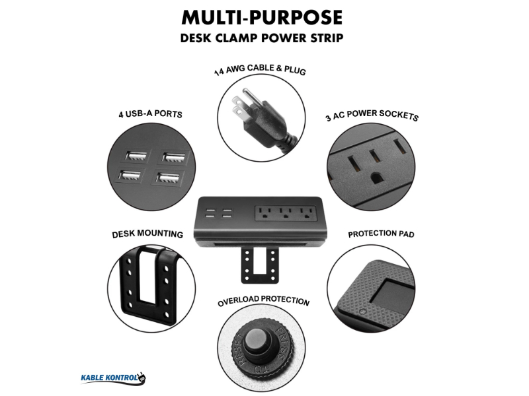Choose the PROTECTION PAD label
point(382,234)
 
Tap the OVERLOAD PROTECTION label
point(263,301)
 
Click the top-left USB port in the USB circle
point(138,156)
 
